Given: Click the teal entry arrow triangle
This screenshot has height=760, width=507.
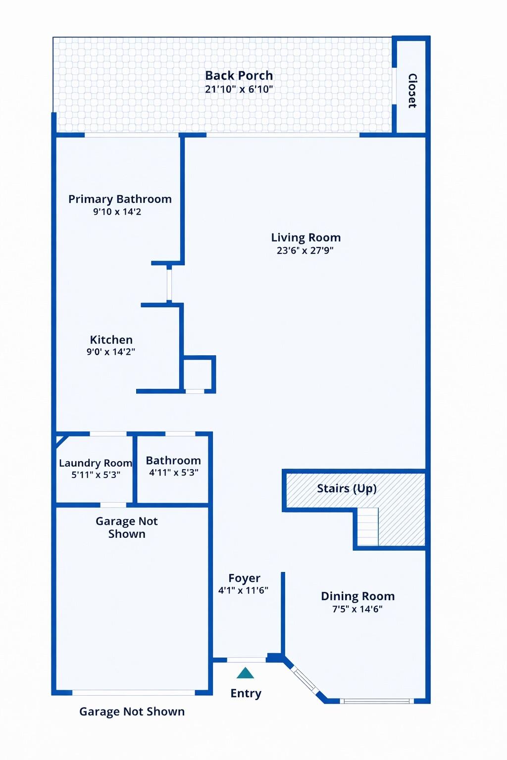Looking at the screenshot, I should click(x=245, y=673).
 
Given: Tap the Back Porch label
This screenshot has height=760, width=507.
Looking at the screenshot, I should click(x=239, y=76).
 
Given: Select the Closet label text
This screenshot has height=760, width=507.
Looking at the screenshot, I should click(x=412, y=91).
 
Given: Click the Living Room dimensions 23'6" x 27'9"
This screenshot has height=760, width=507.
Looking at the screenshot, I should click(x=305, y=250).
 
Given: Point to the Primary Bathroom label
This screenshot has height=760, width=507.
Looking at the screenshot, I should click(x=120, y=199).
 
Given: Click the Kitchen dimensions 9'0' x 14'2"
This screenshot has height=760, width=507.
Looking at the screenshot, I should click(x=111, y=352).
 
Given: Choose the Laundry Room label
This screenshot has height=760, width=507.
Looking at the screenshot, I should click(x=96, y=463).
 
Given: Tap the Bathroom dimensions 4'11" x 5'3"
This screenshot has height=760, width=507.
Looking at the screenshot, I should click(x=174, y=473).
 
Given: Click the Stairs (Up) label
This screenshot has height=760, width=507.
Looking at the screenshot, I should click(x=347, y=488).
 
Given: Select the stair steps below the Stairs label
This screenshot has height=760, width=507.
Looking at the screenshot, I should click(x=367, y=527).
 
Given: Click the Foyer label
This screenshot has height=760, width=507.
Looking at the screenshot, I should click(x=244, y=578).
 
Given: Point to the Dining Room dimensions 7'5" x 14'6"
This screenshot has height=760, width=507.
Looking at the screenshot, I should click(x=357, y=609).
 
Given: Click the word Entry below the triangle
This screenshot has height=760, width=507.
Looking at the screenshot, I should click(x=246, y=693).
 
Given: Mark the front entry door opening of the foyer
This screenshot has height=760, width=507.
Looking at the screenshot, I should click(x=247, y=660).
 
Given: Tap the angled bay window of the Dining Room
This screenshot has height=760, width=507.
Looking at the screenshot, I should click(x=304, y=679).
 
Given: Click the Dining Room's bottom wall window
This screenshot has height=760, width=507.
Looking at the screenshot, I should click(x=377, y=701).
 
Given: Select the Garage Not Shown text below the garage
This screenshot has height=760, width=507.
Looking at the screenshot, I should click(x=132, y=712).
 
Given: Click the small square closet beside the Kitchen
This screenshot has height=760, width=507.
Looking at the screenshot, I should click(x=198, y=374).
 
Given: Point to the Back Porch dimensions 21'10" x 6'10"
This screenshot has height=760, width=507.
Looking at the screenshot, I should click(x=239, y=90).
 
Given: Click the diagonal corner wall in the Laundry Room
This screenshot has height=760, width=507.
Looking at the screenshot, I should click(x=61, y=439).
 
